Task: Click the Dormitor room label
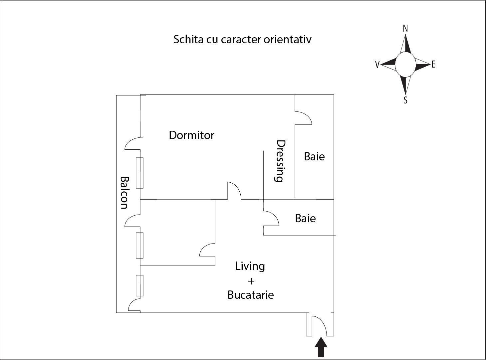(191, 135)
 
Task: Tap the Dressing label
(280, 161)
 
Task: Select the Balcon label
(124, 193)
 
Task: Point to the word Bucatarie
(251, 295)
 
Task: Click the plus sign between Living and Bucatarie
(251, 281)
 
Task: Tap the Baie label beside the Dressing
(314, 156)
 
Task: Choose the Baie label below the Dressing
(305, 218)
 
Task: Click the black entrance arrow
(321, 350)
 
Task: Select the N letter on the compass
(405, 29)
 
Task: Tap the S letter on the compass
(405, 100)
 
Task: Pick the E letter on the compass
(433, 65)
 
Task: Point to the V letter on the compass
(377, 65)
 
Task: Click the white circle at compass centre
(405, 65)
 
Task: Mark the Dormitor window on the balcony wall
(139, 173)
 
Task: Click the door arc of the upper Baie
(303, 118)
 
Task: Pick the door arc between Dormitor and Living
(234, 191)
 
